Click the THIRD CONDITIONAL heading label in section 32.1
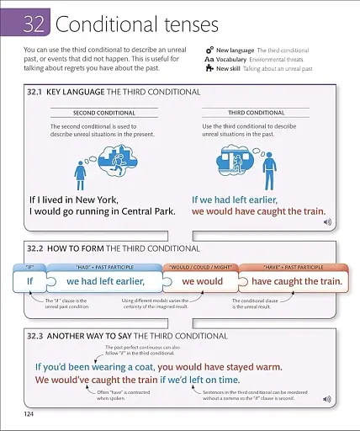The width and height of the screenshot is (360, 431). [257, 113]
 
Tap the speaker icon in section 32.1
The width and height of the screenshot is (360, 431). [328, 222]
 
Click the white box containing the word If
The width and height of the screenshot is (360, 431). [27, 281]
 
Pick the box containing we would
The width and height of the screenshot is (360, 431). [203, 281]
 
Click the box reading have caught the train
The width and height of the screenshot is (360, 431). [296, 281]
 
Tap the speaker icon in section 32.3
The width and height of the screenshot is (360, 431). [327, 398]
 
